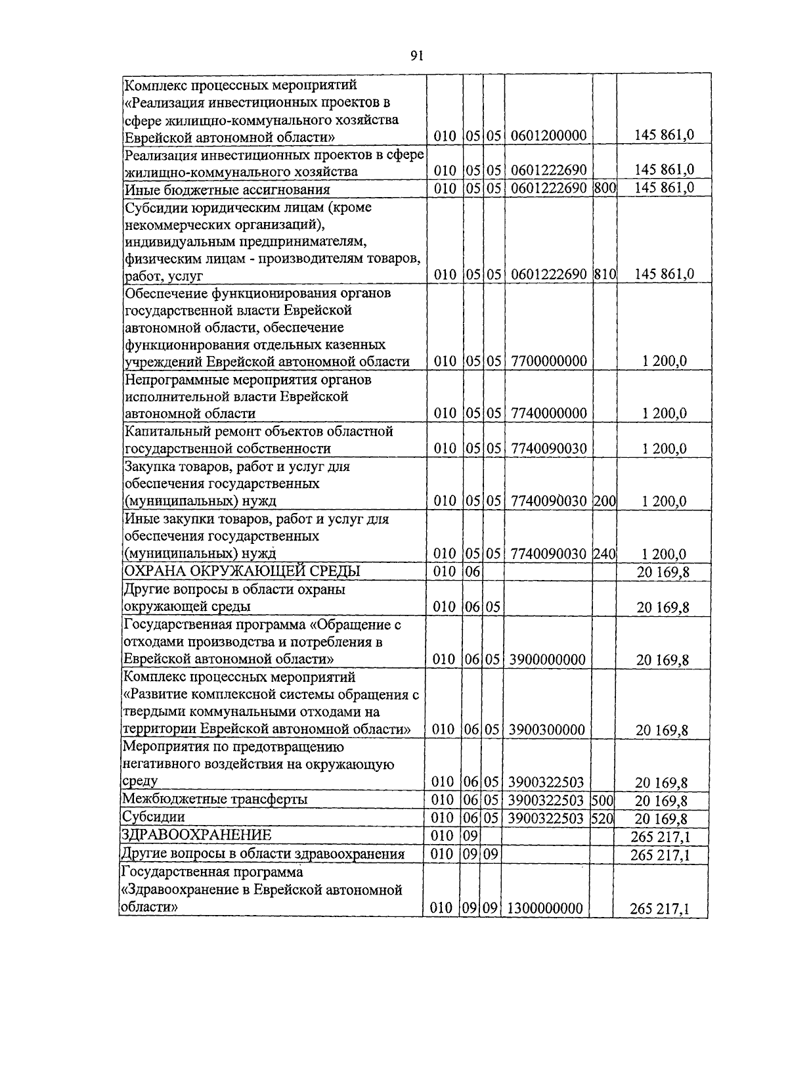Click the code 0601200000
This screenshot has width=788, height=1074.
coord(548,136)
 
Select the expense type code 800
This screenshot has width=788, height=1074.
coord(604,189)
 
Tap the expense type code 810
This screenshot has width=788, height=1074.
coord(604,275)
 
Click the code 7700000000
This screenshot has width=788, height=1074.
coord(548,361)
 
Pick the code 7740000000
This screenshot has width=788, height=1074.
coord(548,414)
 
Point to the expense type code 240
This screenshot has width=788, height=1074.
coord(604,554)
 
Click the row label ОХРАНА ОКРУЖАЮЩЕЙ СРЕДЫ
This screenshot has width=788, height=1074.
coord(242,571)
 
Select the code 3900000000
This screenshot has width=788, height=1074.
coord(548,660)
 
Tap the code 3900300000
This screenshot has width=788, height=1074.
coord(548,730)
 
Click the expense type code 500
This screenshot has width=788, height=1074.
coord(602,800)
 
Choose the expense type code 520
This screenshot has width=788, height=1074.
coord(602,818)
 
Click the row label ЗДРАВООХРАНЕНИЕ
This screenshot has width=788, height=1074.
coord(196,836)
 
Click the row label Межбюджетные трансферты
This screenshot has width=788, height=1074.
coord(215,799)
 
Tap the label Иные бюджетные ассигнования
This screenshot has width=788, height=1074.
coord(227,189)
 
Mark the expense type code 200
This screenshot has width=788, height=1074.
coord(604,501)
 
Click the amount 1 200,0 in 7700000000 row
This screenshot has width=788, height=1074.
coord(665,361)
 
